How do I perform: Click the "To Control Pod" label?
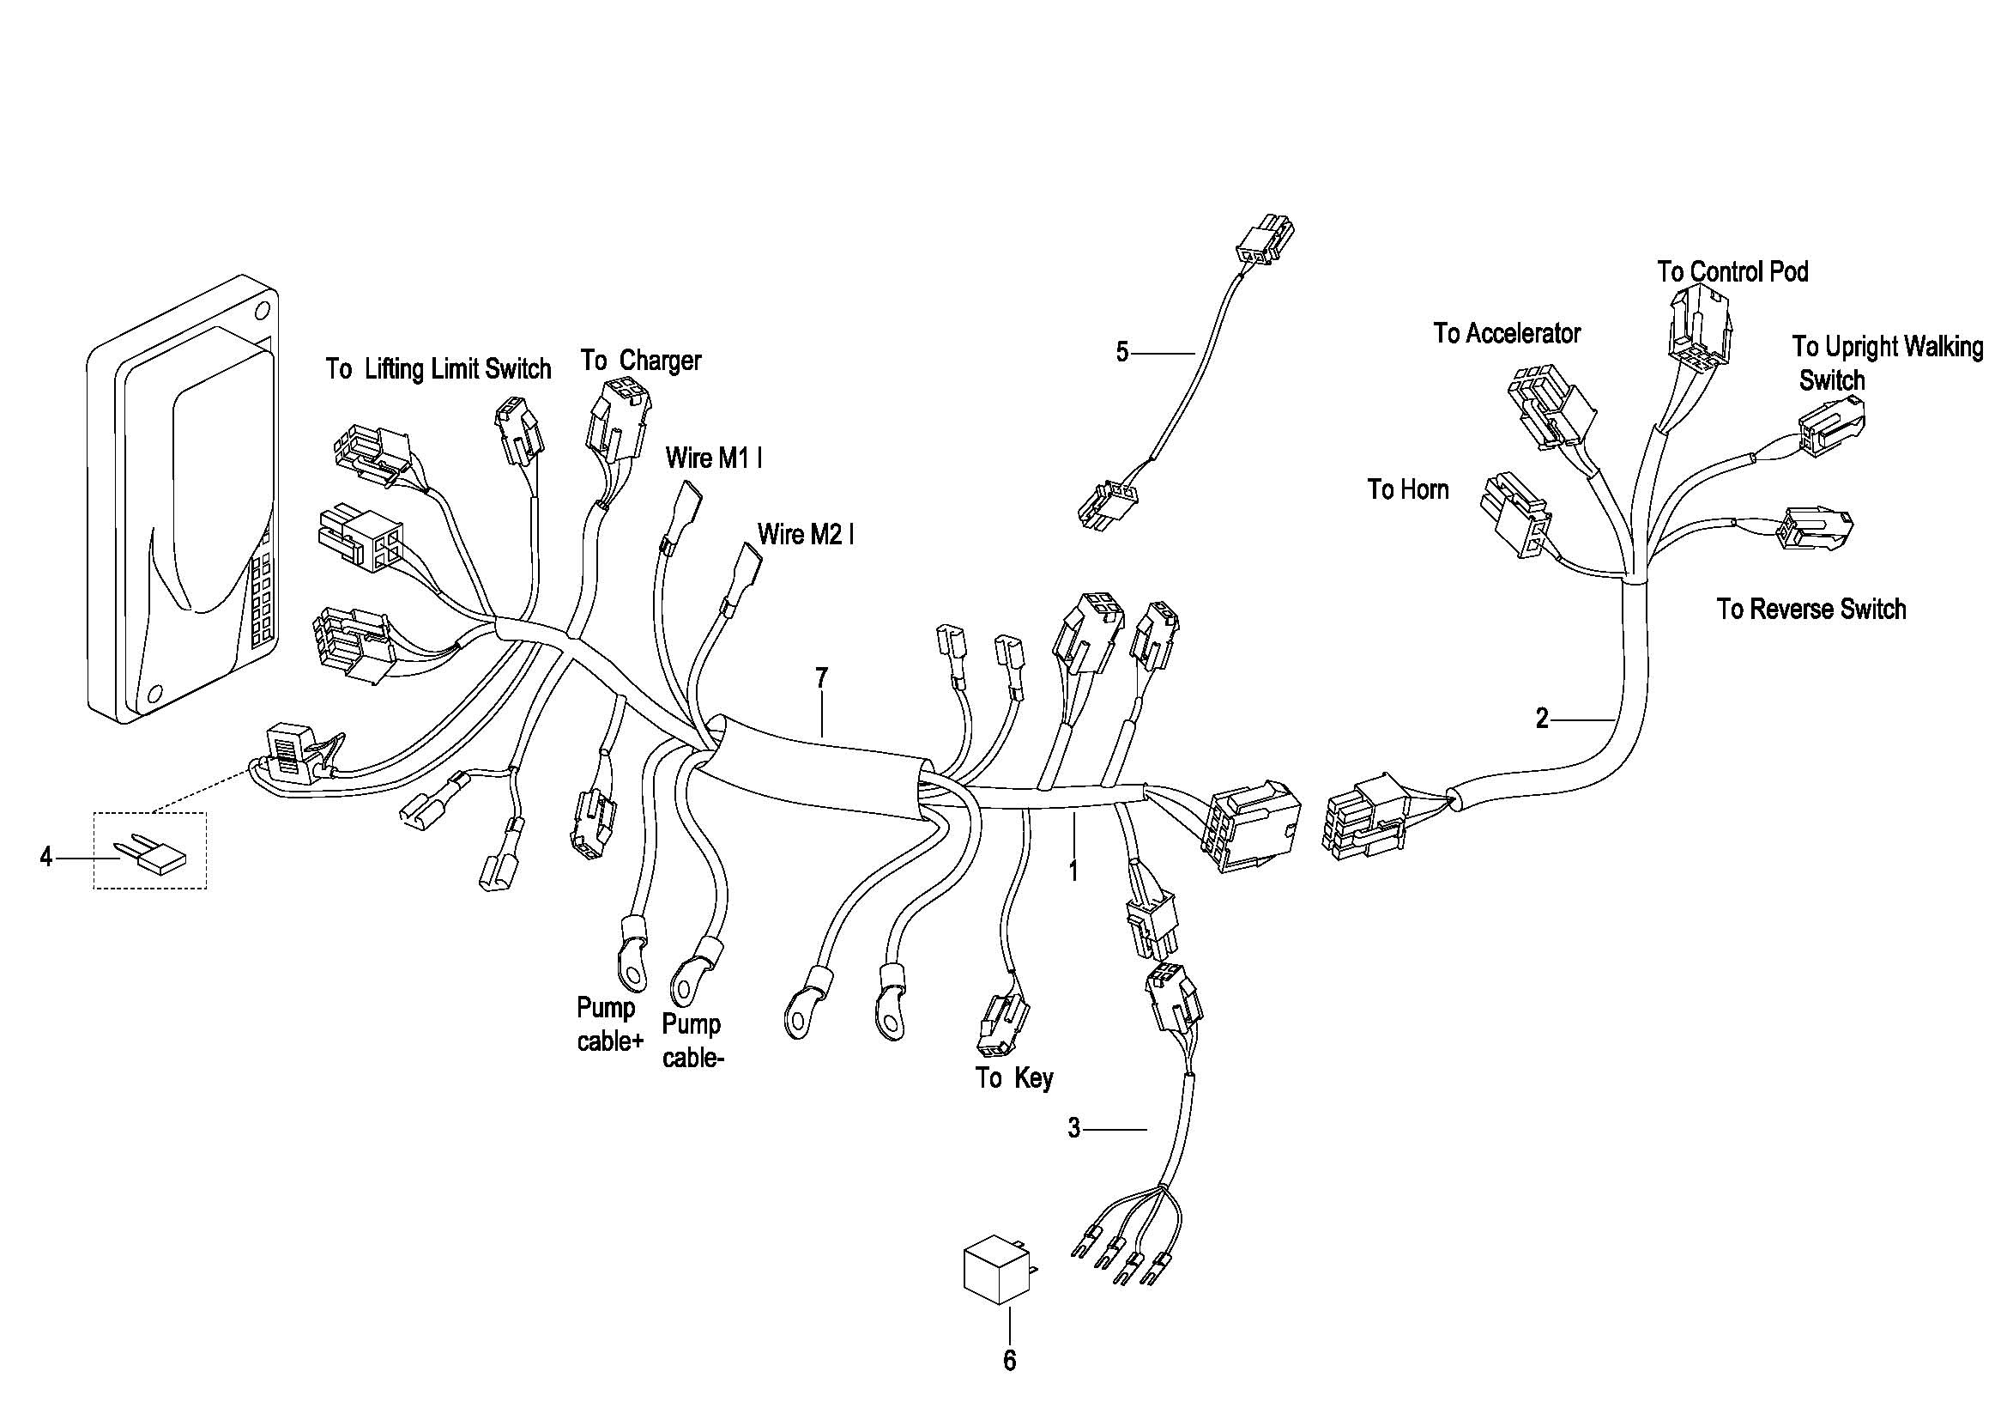(1732, 272)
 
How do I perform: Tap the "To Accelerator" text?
(1507, 333)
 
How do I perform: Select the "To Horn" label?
(1407, 489)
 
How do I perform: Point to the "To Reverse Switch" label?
(1811, 609)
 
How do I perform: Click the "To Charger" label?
(641, 361)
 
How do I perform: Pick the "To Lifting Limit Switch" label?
(438, 369)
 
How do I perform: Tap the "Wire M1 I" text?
(713, 458)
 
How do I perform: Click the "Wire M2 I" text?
(805, 533)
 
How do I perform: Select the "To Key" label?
(1014, 1078)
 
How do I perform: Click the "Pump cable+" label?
(609, 1025)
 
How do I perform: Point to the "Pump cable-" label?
(693, 1041)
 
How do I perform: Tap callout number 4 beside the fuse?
(46, 857)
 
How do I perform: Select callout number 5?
(1122, 352)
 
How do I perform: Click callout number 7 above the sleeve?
(821, 677)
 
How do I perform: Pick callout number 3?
(1074, 1128)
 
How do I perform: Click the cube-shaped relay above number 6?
(996, 1270)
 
